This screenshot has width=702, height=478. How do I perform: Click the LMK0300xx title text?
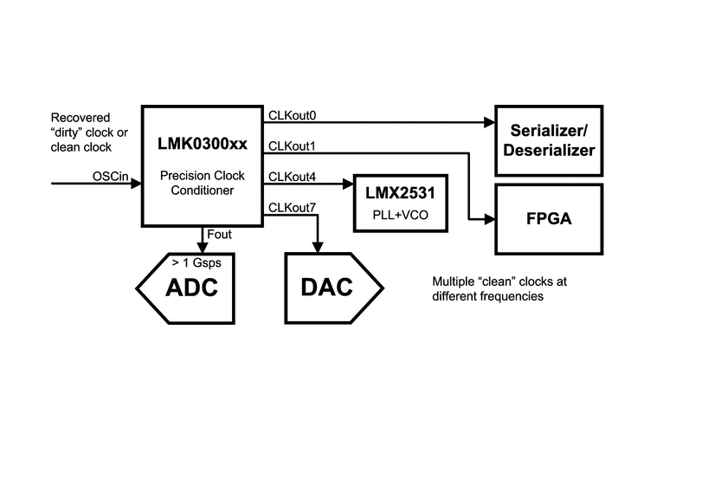point(203,141)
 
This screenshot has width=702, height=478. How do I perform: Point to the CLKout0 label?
point(293,114)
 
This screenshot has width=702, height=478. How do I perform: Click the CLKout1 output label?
point(293,145)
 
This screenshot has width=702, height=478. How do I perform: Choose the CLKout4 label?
point(293,177)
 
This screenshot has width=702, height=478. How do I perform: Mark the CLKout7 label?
point(293,207)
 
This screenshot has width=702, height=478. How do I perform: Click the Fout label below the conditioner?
point(220,233)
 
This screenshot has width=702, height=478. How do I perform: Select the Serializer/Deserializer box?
point(548,139)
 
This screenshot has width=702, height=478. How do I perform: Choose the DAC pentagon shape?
point(329,285)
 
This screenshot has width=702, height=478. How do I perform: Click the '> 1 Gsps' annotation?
point(188,261)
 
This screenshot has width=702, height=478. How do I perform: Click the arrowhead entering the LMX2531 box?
point(348,184)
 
